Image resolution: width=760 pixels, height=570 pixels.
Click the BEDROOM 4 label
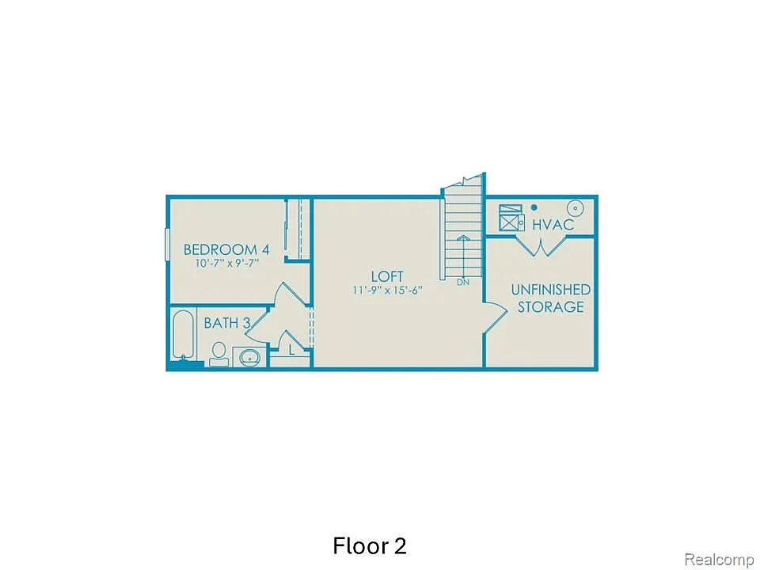(x=226, y=249)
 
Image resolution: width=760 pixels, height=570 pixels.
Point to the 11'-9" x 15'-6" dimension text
(x=388, y=290)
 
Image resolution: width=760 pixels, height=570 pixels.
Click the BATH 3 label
(x=227, y=323)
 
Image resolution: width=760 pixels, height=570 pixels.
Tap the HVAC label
(x=553, y=225)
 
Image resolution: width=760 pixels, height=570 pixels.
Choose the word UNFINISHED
(x=550, y=290)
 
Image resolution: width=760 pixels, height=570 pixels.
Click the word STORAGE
(x=551, y=307)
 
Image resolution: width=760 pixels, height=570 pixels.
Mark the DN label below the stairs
(x=463, y=281)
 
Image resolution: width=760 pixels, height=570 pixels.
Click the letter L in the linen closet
(x=291, y=350)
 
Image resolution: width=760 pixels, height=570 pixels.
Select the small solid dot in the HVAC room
(x=534, y=207)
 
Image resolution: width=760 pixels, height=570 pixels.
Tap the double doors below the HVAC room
(x=540, y=245)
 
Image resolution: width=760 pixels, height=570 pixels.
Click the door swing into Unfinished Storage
(x=495, y=319)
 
